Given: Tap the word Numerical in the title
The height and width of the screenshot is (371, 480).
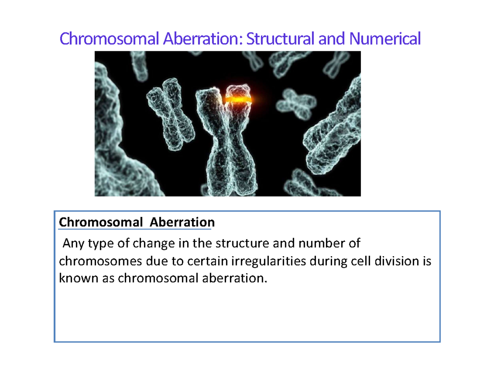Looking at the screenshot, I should (385, 39).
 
